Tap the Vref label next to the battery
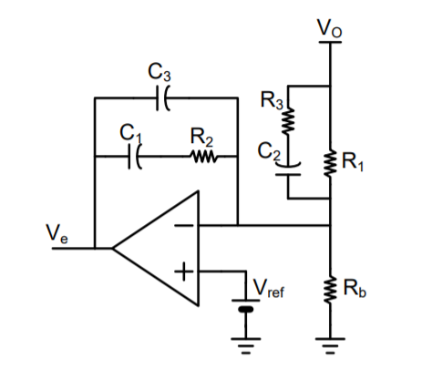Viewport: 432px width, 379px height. click(x=269, y=289)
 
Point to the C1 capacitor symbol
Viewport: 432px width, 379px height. click(x=136, y=158)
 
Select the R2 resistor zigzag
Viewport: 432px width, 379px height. click(x=202, y=158)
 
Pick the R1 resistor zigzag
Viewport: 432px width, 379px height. click(x=330, y=165)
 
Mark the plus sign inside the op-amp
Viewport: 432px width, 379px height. click(x=185, y=271)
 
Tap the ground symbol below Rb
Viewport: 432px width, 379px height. click(x=330, y=344)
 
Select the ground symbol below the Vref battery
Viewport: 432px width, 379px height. click(x=243, y=344)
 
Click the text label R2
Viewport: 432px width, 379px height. click(x=201, y=138)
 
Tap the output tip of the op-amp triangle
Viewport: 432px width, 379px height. click(x=114, y=246)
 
